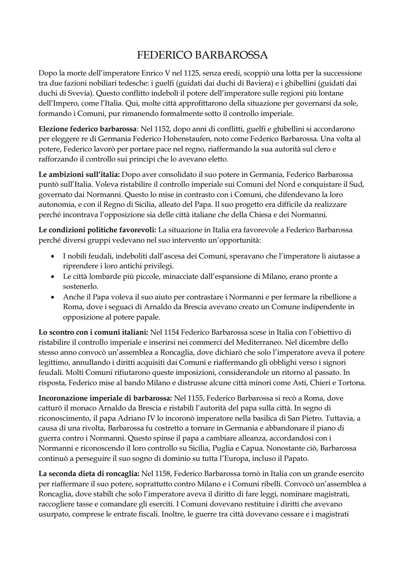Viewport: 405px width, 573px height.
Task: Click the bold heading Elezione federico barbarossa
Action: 88,129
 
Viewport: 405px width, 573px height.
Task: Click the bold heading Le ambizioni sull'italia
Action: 79,174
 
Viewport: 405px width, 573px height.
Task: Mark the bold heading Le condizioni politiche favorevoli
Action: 97,230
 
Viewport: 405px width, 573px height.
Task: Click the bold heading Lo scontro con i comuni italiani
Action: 93,332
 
